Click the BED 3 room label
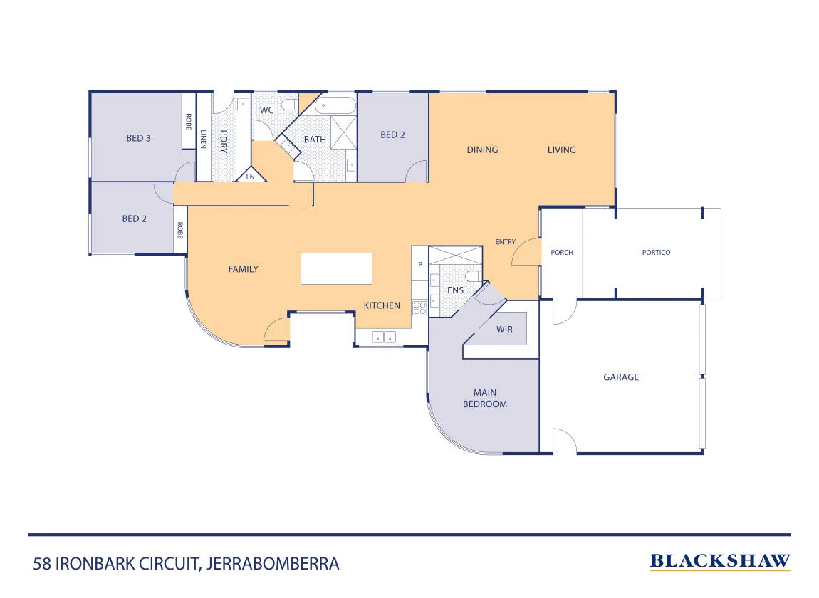click(138, 138)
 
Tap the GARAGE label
click(621, 377)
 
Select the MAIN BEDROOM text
click(485, 398)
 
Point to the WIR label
click(504, 330)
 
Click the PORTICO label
click(656, 252)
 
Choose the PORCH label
click(562, 252)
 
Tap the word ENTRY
click(505, 242)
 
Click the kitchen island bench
click(336, 268)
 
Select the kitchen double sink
click(384, 337)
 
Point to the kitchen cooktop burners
click(420, 308)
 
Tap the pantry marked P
click(420, 263)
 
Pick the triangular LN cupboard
click(251, 174)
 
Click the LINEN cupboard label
click(203, 139)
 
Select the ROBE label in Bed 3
click(188, 122)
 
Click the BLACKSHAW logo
click(720, 562)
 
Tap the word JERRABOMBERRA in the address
click(273, 564)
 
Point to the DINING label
click(482, 150)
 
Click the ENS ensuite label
click(456, 290)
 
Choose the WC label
click(266, 110)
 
